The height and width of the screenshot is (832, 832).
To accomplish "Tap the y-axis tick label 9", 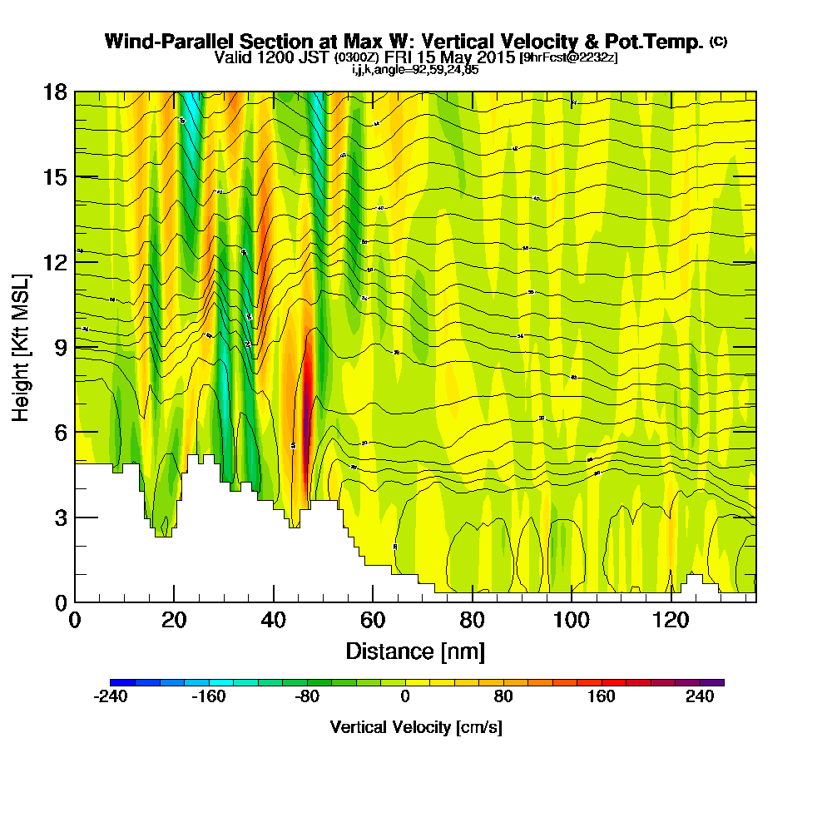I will tap(60, 347).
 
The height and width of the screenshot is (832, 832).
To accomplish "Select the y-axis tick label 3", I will tap(60, 518).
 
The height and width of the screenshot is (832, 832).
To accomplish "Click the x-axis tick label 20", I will tap(174, 620).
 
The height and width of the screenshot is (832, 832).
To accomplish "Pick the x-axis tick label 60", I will tap(373, 620).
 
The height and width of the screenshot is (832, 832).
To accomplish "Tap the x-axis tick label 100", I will tap(572, 620).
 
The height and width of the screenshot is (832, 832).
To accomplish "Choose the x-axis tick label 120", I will tap(671, 620).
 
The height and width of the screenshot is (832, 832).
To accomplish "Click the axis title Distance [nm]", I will tap(415, 650).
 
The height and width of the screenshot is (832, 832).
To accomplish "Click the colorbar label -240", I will tap(110, 697).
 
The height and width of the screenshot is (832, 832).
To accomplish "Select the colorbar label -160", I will tap(208, 697).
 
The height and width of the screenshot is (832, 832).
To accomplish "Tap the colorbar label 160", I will tap(602, 697).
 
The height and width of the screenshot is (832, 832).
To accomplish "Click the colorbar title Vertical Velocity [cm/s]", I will tap(416, 727).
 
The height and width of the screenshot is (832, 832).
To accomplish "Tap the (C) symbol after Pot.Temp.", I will tap(717, 41).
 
